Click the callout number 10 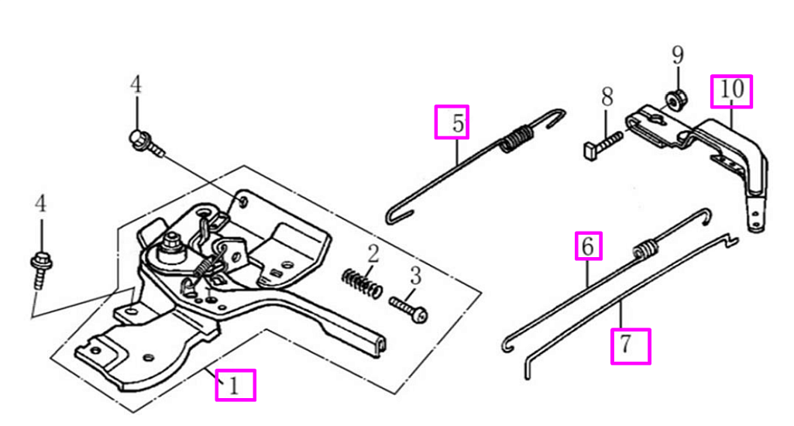(x=732, y=90)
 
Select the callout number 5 (x=458, y=123)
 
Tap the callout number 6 (x=588, y=246)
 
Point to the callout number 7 (x=627, y=345)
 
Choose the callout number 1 (x=233, y=386)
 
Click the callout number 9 (x=678, y=55)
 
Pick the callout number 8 (x=607, y=97)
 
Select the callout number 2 (x=373, y=254)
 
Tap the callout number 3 (x=415, y=276)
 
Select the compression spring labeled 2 (x=362, y=283)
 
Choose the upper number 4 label (x=136, y=84)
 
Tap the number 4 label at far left (x=40, y=204)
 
